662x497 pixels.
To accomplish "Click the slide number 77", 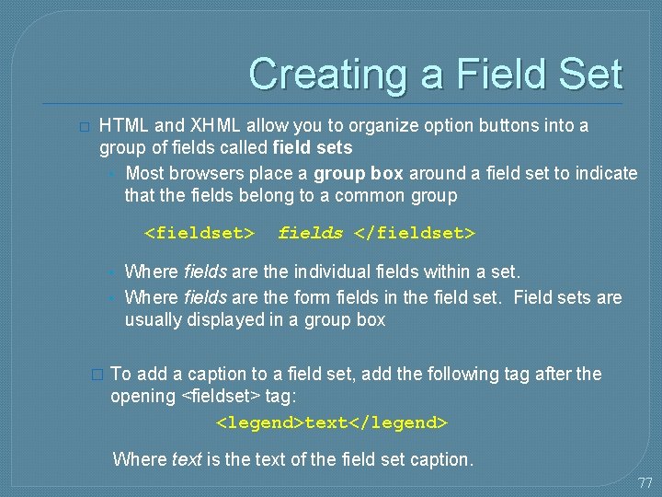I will coord(645,482).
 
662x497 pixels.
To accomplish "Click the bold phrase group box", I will coord(359,173).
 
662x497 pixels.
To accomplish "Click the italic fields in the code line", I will coord(310,233).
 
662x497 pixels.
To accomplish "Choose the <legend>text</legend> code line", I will coord(331,422).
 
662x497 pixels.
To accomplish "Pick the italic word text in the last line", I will coord(187,458).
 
